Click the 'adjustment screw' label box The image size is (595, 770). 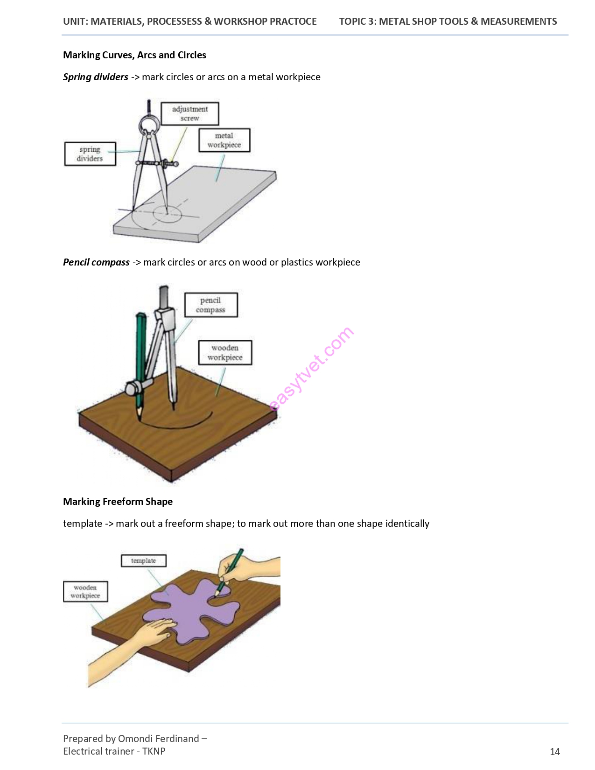click(189, 113)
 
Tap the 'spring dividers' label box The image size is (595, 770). click(90, 154)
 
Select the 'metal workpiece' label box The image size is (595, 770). click(224, 140)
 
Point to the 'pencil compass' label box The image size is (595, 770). click(211, 305)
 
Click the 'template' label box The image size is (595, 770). click(144, 560)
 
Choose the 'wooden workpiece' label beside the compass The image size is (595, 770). click(225, 353)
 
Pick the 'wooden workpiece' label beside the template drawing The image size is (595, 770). click(85, 591)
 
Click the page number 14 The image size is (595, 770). click(554, 751)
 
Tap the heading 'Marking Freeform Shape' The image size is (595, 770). click(118, 501)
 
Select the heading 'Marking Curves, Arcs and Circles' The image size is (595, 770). click(134, 55)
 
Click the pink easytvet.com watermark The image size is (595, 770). click(311, 369)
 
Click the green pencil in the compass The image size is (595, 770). click(140, 365)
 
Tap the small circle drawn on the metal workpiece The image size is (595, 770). click(167, 214)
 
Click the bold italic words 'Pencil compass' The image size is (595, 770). click(96, 262)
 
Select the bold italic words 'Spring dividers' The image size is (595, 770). click(95, 77)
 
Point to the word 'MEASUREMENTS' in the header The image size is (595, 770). click(518, 21)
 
